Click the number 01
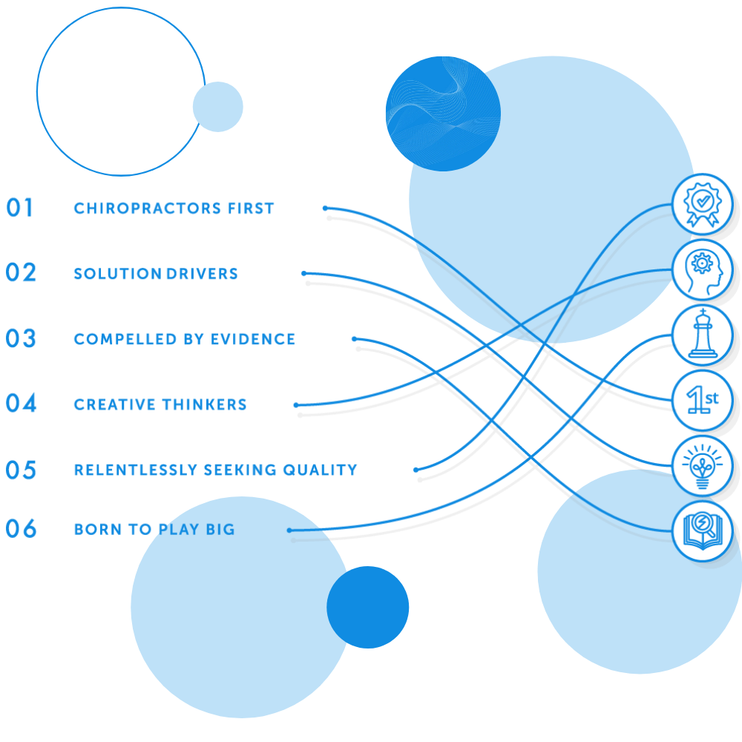coord(21,208)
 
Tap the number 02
coord(21,273)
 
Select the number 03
coord(21,338)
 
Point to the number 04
coord(21,404)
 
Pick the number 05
coord(21,470)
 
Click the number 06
coord(21,529)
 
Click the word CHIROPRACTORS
coord(140,209)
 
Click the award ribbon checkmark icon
coord(702,203)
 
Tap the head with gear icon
coord(702,269)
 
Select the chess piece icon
coord(702,335)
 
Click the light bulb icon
coord(702,466)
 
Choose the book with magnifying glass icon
coord(702,531)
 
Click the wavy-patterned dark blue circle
coord(443,114)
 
